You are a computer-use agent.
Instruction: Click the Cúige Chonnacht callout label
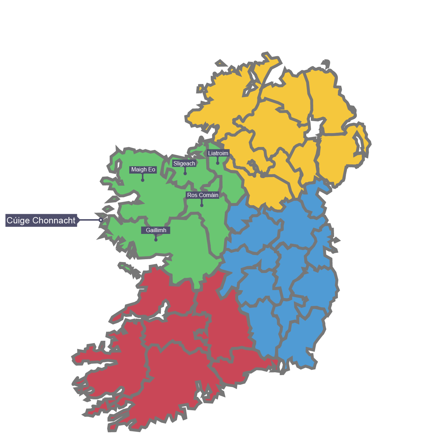coord(41,220)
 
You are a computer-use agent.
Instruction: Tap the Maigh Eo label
coord(143,170)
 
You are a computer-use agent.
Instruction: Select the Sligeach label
coord(184,164)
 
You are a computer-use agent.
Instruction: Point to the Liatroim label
coord(218,153)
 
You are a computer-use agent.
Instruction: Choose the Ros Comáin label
coord(203,195)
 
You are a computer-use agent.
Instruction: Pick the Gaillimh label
coord(156,230)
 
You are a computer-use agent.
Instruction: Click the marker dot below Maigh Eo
coord(143,180)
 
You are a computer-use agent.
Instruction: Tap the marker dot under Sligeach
coord(185,174)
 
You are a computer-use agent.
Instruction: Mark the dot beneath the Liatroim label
coord(218,163)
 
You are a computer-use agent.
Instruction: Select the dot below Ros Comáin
coord(202,205)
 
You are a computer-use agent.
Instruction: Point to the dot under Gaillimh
coord(156,240)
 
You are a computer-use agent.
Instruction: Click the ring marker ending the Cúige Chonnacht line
coord(101,220)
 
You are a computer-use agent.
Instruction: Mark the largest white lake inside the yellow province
coord(315,127)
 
